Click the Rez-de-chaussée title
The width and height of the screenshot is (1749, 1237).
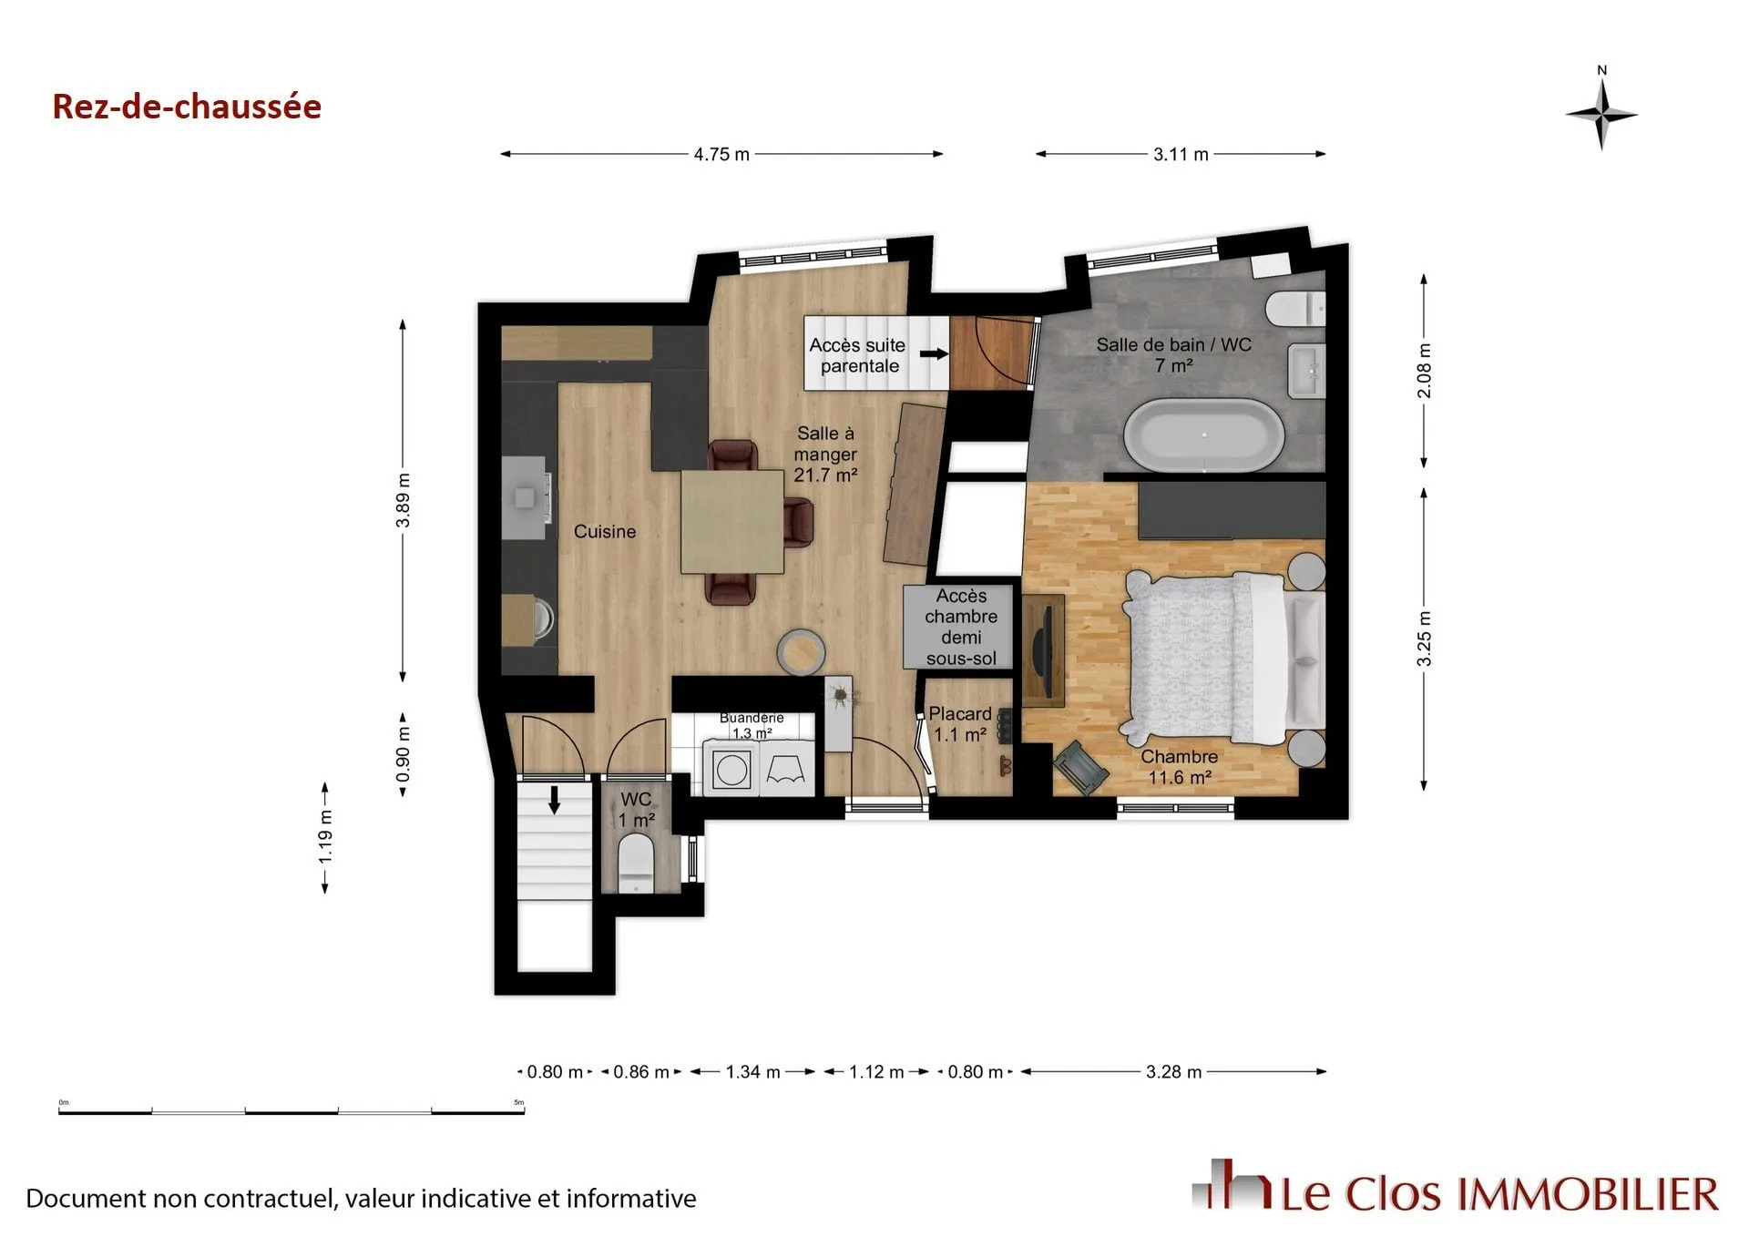click(x=187, y=107)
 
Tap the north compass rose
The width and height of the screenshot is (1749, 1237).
click(x=1601, y=115)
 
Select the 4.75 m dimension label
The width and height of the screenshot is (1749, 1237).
click(x=721, y=155)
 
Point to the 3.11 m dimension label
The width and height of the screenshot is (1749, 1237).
click(x=1181, y=155)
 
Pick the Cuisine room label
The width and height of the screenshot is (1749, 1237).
click(x=605, y=532)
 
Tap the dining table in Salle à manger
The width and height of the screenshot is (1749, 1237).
click(x=732, y=522)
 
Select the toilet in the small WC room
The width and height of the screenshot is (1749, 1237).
click(x=636, y=864)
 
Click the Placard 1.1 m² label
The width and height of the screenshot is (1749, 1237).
click(x=960, y=724)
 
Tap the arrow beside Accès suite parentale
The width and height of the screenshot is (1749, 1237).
click(x=933, y=354)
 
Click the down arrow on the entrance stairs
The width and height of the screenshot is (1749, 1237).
click(x=554, y=799)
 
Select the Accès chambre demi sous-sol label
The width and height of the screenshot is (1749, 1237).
click(x=961, y=627)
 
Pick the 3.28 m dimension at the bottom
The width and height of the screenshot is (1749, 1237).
click(x=1173, y=1072)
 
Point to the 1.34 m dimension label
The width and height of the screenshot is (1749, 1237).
click(x=752, y=1072)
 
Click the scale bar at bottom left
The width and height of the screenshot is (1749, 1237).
click(x=291, y=1110)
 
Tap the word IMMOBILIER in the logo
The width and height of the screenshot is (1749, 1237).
click(x=1589, y=1194)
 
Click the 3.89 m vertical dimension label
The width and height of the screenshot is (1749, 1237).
click(x=403, y=500)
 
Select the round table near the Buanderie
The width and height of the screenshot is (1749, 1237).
click(x=802, y=651)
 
